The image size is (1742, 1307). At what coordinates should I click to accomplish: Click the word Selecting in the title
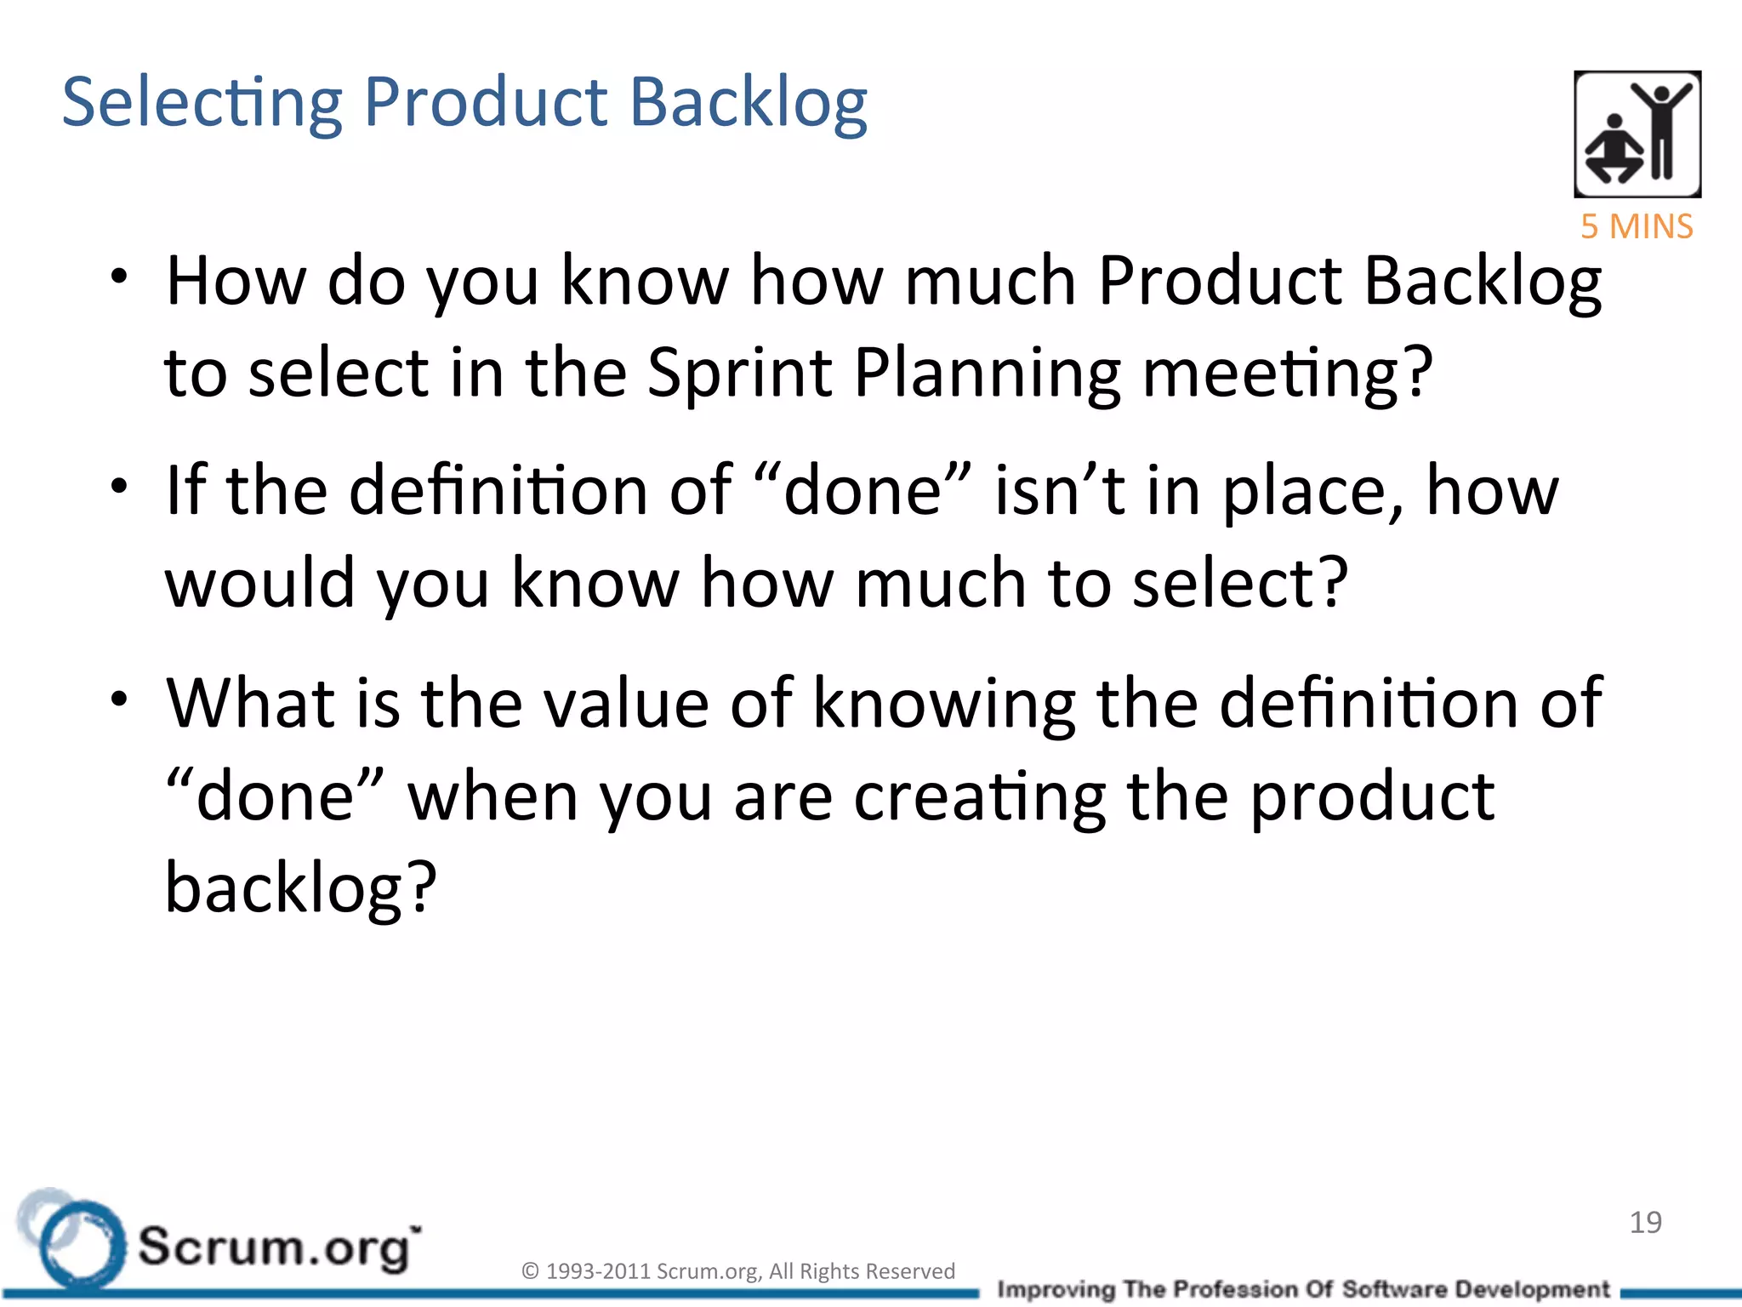(202, 103)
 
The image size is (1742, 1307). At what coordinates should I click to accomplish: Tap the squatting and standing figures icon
(1637, 134)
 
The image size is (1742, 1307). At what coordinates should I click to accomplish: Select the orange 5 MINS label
(1637, 227)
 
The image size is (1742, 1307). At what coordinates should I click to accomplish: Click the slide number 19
(1645, 1222)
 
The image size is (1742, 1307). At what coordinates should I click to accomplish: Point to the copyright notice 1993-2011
(737, 1270)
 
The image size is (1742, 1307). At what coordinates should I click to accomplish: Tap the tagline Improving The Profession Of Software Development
(1303, 1289)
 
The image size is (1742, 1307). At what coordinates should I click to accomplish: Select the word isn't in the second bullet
(1060, 491)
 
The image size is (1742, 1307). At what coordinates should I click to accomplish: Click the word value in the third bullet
(625, 704)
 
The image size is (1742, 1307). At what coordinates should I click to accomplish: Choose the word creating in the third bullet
(980, 797)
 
